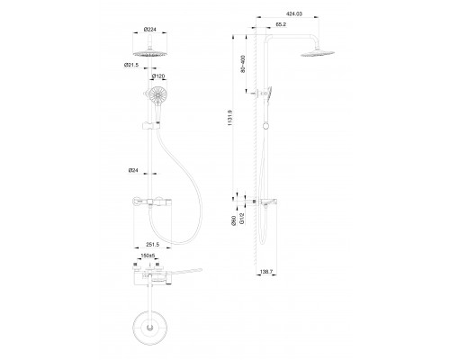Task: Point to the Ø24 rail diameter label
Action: click(132, 171)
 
